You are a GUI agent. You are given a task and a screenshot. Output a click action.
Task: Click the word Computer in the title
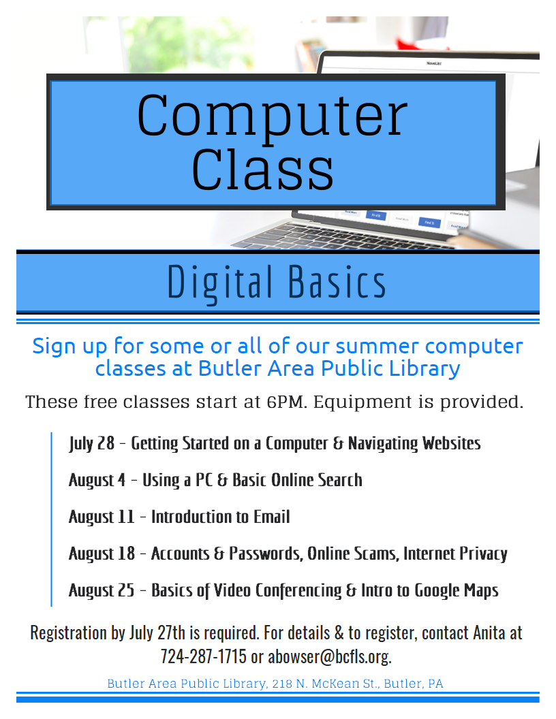[272, 116]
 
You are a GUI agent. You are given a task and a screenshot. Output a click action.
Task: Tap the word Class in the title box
[262, 170]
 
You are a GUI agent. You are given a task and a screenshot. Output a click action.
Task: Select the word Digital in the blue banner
[219, 283]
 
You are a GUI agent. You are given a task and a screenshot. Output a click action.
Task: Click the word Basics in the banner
[337, 282]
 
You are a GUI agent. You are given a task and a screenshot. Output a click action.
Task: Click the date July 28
[92, 443]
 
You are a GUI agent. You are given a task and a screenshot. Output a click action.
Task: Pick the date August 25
[102, 590]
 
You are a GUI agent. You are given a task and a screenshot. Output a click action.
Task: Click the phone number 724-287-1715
[203, 656]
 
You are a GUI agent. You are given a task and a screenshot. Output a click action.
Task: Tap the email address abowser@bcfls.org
[329, 656]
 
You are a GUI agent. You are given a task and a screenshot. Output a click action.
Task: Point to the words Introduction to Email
[221, 517]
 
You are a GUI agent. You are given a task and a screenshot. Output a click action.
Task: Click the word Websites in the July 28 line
[451, 443]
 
